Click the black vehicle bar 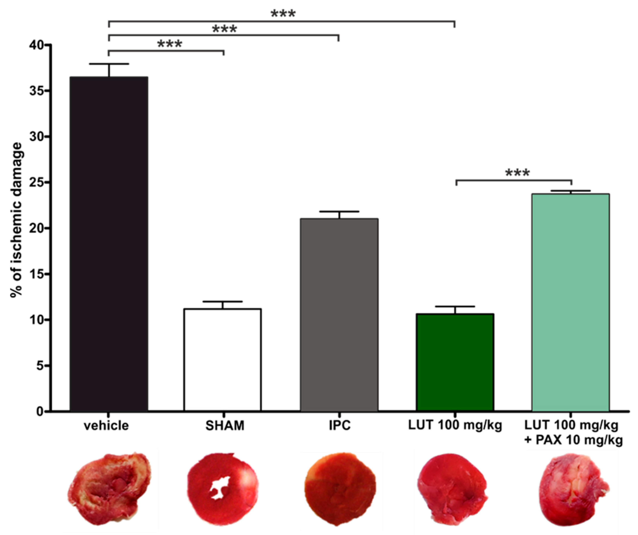109,243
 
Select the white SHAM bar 222,360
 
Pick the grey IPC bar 339,314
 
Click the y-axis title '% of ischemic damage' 17,220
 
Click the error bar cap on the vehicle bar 109,64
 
